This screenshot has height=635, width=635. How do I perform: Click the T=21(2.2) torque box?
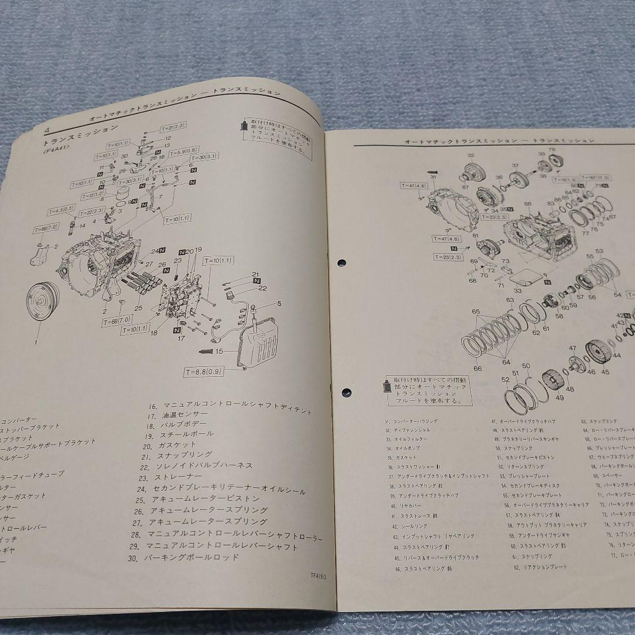pyautogui.click(x=156, y=127)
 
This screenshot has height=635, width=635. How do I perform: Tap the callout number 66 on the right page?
pyautogui.click(x=477, y=369)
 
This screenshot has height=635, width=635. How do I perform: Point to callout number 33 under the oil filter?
pyautogui.click(x=517, y=290)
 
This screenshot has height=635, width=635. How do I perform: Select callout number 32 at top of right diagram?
pyautogui.click(x=470, y=156)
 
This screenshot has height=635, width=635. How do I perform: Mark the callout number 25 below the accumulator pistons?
pyautogui.click(x=138, y=308)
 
